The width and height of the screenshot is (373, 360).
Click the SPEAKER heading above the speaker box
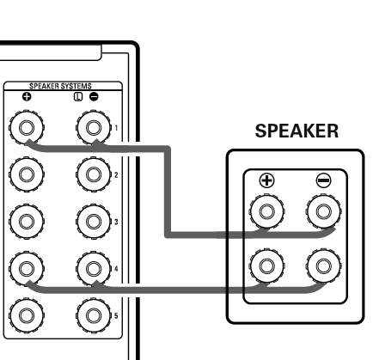point(297,131)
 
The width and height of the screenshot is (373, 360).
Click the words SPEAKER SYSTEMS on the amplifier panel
point(60,86)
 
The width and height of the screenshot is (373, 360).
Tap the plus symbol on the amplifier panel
point(27,97)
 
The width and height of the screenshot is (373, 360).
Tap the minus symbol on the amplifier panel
point(94,97)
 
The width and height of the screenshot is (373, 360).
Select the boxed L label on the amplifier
point(78,97)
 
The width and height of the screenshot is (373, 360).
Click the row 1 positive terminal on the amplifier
point(27,127)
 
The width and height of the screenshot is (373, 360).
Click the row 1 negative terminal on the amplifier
point(94,127)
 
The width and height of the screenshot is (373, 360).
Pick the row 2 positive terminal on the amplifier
point(27,174)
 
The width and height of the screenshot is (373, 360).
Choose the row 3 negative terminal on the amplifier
point(94,222)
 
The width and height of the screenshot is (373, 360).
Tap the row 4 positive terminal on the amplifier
point(27,269)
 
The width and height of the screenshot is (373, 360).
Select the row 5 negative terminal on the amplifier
point(94,315)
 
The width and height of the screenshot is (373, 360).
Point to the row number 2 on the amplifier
point(116,175)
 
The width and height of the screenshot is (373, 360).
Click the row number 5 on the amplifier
point(116,316)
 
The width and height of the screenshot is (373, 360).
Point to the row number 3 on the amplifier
point(116,222)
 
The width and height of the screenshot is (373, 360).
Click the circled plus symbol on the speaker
point(266,180)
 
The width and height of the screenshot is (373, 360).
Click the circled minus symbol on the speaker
point(324,180)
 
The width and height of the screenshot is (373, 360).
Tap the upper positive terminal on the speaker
point(266,211)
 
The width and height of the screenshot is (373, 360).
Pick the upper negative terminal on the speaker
point(324,211)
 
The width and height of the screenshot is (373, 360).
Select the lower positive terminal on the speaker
point(266,265)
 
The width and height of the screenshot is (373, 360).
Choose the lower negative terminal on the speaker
point(324,265)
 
